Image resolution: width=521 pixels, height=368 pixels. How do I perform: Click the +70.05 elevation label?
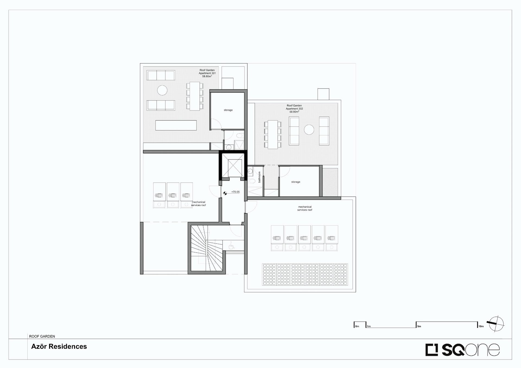click(x=235, y=192)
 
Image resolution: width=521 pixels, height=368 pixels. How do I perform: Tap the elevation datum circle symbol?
click(x=225, y=193)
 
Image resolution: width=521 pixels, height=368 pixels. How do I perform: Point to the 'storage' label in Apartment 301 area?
click(x=228, y=110)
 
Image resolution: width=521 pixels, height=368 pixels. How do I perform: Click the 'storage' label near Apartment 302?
click(x=296, y=182)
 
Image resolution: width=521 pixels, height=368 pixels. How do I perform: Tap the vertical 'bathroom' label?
click(x=259, y=177)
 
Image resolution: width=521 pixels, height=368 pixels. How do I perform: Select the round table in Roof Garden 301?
click(x=162, y=90)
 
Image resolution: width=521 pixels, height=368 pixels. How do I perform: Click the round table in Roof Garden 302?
click(x=309, y=130)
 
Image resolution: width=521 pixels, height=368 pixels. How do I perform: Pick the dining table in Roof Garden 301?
click(x=195, y=96)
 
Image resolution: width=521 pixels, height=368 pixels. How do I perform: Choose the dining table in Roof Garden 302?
click(x=273, y=134)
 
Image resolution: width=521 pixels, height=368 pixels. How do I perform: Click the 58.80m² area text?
click(x=207, y=77)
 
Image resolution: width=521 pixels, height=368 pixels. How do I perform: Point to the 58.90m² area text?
click(x=294, y=112)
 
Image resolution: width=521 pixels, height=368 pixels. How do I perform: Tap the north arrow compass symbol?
click(x=496, y=324)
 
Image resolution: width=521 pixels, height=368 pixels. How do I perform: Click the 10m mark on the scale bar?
click(x=481, y=326)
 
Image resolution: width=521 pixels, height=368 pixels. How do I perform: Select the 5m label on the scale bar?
click(x=419, y=326)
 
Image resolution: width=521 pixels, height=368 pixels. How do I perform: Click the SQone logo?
click(x=462, y=350)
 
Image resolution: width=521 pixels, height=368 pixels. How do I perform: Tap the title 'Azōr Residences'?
click(x=59, y=347)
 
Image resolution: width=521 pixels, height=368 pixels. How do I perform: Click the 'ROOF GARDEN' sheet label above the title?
click(x=42, y=336)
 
